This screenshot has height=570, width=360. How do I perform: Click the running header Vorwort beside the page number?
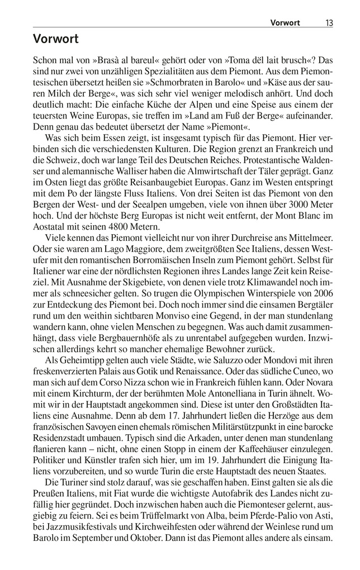[285, 23]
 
